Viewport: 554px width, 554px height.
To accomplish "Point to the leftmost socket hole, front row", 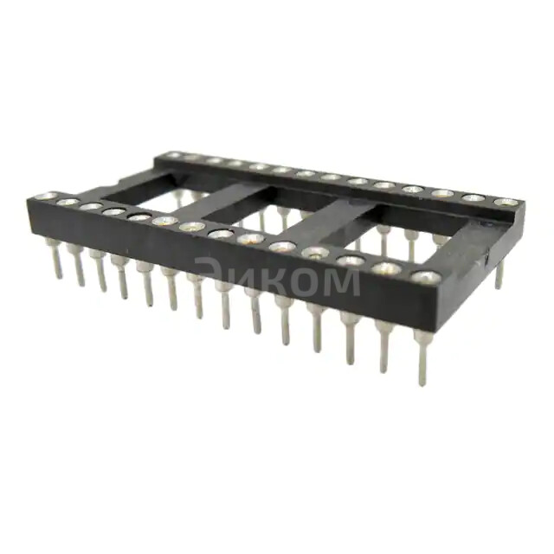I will pyautogui.click(x=48, y=196).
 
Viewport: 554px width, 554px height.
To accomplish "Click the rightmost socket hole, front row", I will pyautogui.click(x=425, y=277).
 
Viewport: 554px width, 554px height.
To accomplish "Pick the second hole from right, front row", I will pyautogui.click(x=387, y=268).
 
